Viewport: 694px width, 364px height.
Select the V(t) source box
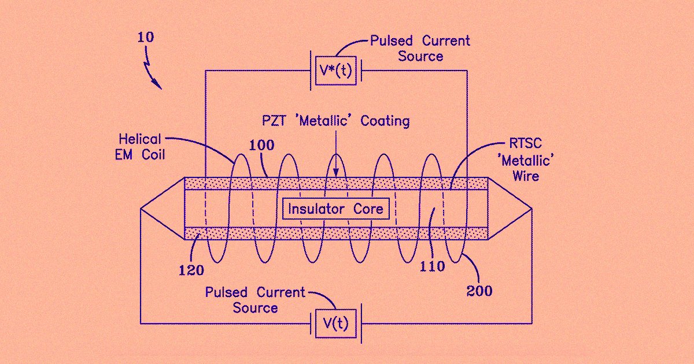coord(335,324)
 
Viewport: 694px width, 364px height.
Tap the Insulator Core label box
coord(336,209)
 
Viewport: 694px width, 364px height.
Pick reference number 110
coord(433,266)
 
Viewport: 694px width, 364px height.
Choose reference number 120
coord(191,270)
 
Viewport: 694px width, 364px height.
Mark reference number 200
coord(479,291)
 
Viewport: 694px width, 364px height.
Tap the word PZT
coord(271,121)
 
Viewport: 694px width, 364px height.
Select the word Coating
coord(385,121)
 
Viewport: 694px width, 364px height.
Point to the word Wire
coord(526,175)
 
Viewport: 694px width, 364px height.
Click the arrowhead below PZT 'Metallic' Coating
coord(336,173)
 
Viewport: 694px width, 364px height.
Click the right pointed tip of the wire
coord(531,209)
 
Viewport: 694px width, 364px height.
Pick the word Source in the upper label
coord(420,56)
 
